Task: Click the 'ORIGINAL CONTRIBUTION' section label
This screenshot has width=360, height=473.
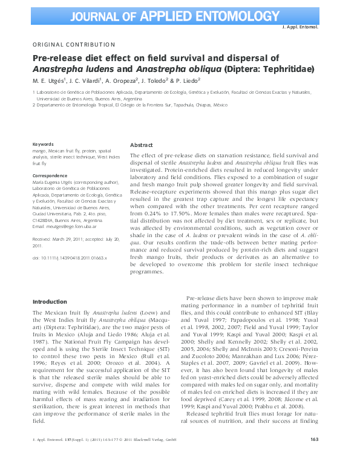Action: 73,44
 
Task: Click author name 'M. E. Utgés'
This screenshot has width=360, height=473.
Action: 48,81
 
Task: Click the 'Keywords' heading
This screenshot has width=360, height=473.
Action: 43,144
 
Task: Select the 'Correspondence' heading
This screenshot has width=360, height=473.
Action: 50,175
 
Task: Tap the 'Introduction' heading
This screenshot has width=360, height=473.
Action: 50,301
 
